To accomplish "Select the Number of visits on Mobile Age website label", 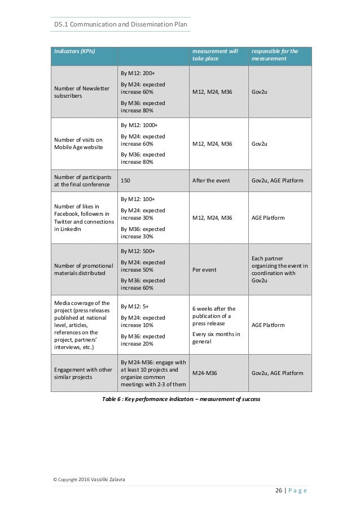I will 78,143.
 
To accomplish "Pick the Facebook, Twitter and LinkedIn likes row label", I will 82,217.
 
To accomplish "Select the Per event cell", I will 204,269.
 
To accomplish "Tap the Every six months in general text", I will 215,338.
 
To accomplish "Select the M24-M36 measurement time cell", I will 207,373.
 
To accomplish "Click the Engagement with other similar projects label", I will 81,373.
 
